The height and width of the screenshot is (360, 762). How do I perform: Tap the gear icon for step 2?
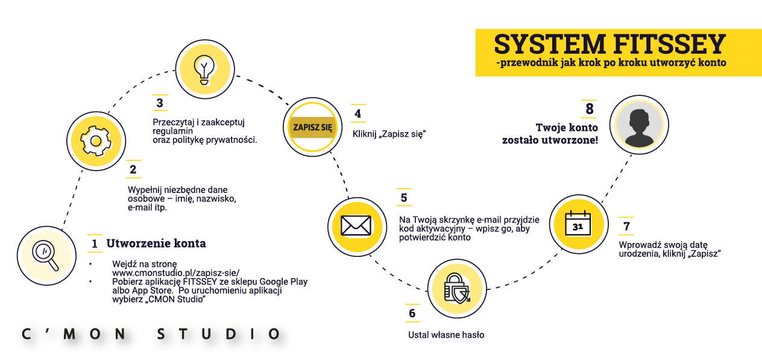[x=95, y=142]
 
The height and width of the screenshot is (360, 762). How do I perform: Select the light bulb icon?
[x=204, y=67]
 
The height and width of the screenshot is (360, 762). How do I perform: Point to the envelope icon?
[x=357, y=225]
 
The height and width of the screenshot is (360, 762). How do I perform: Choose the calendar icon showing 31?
[x=578, y=224]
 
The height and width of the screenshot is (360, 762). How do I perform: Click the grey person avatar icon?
[x=638, y=126]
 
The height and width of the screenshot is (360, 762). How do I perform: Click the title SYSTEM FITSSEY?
[x=609, y=45]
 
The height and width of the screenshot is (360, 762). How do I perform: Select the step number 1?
[x=95, y=244]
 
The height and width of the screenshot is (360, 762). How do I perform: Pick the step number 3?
[x=160, y=104]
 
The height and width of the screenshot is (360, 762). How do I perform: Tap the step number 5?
[x=404, y=198]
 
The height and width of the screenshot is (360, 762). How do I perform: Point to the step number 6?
[x=412, y=314]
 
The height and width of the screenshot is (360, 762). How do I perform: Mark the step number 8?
[x=589, y=109]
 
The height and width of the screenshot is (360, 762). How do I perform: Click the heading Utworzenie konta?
[x=156, y=244]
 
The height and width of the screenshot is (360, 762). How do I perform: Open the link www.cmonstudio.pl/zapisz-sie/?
[x=176, y=273]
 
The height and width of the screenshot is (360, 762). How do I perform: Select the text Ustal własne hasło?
[x=446, y=335]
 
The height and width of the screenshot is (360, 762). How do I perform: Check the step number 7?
[x=626, y=227]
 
